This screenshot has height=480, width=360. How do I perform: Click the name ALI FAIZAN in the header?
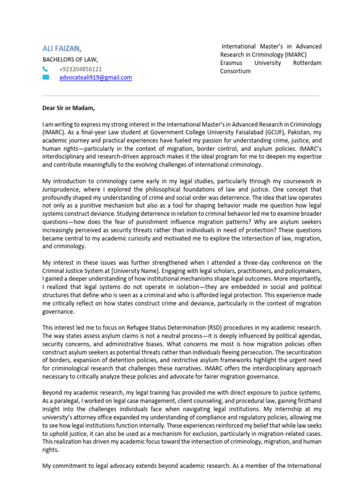[62, 48]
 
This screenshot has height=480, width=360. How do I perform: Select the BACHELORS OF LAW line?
[70, 60]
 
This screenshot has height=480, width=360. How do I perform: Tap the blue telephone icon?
[45, 69]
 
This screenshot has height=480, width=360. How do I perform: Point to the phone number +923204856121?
[81, 69]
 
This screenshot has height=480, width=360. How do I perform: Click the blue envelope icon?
[46, 77]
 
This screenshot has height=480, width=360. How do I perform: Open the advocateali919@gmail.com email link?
[96, 77]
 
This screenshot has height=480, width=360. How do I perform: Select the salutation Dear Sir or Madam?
[68, 108]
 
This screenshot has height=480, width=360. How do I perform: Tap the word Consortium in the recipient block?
[236, 71]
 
